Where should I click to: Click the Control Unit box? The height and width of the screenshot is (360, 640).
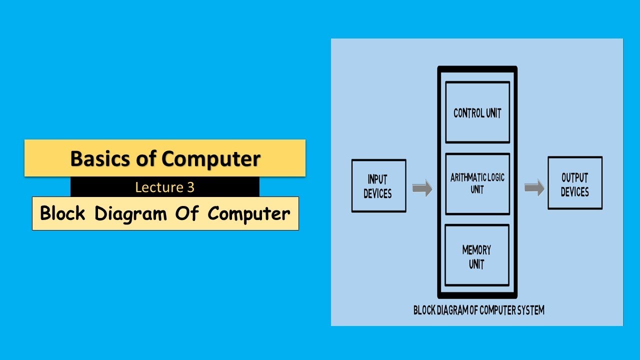(477, 112)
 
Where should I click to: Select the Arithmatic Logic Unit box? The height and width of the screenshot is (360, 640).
(477, 183)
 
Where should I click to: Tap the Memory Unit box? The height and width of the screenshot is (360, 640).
(477, 255)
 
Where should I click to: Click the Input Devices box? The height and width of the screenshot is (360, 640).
(378, 186)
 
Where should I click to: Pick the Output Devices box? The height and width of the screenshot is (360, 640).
(575, 183)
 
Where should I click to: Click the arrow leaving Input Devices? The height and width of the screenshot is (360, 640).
(422, 188)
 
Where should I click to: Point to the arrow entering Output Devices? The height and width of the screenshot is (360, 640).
(534, 188)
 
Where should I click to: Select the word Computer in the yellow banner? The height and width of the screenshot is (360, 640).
(210, 158)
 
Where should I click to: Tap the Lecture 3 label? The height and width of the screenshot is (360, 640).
(164, 187)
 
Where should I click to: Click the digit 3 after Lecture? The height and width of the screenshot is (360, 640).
(190, 187)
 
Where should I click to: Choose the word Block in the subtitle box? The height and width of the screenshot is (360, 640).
(63, 213)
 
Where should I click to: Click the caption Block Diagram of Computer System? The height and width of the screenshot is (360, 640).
(478, 310)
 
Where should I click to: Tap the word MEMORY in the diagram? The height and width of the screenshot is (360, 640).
(476, 249)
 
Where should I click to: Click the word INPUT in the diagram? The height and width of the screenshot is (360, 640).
(377, 179)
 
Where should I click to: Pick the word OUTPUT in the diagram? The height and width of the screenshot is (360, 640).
(575, 177)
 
